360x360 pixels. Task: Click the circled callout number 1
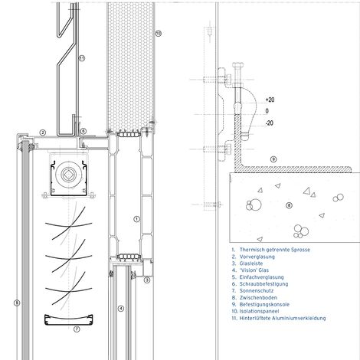tap(137, 219)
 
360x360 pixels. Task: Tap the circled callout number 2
tap(43, 133)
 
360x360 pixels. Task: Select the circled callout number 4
tap(121, 309)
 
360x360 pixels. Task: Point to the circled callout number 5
tap(17, 303)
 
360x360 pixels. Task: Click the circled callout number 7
tap(77, 329)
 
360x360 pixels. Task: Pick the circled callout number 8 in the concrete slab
tap(289, 205)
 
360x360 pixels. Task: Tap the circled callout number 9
tap(273, 159)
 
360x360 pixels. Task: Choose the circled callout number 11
tap(82, 58)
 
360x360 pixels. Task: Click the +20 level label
tap(270, 100)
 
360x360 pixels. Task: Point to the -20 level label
tap(270, 123)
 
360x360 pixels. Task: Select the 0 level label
tap(267, 111)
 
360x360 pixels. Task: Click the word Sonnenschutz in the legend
tap(257, 290)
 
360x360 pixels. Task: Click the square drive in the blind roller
tap(68, 174)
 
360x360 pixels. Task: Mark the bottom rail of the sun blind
tap(68, 319)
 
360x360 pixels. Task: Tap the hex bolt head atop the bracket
tap(237, 64)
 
